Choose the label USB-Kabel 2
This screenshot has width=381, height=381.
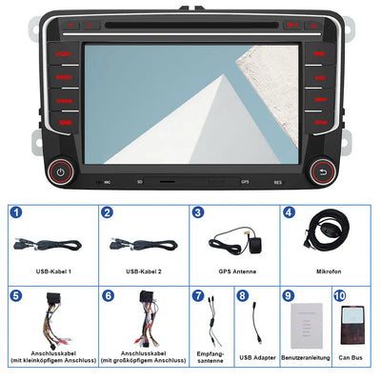(143, 271)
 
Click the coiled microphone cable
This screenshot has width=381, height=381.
(329, 236)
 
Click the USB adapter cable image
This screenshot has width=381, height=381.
(257, 324)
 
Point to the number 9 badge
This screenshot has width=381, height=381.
(288, 296)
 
